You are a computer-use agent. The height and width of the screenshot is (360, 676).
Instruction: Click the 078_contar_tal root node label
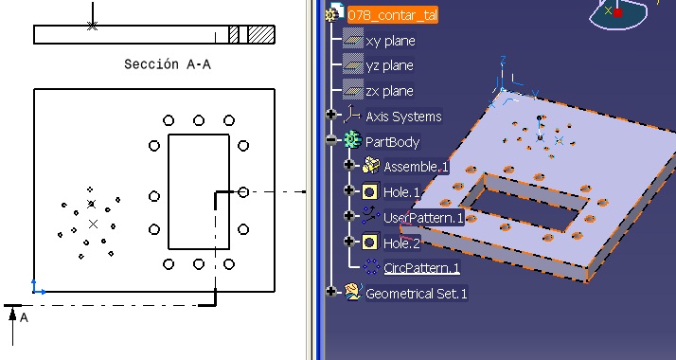(x=392, y=15)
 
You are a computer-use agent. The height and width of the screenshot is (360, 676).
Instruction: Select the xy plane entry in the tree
(x=390, y=41)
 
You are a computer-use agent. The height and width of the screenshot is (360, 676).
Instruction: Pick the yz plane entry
(x=389, y=66)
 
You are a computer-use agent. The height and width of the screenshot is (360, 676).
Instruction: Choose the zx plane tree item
(x=389, y=91)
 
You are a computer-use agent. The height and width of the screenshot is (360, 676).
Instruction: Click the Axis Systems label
(x=403, y=117)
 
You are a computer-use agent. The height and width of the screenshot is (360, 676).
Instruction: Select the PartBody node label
(x=392, y=142)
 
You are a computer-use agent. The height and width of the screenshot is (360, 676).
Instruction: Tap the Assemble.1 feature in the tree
(x=416, y=167)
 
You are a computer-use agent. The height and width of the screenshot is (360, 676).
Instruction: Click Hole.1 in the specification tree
(x=401, y=192)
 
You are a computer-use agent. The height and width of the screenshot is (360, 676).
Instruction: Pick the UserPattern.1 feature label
(x=423, y=218)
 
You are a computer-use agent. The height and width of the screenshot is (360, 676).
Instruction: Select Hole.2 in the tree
(x=401, y=243)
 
